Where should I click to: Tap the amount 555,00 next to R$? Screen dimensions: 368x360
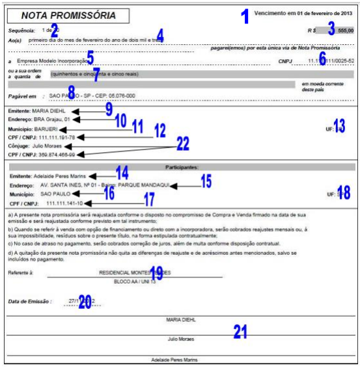coord(345,31)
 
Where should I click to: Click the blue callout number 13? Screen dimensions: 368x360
coord(339,125)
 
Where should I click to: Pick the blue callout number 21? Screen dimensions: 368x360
coord(240,332)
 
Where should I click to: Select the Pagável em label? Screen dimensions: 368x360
coord(22,95)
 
